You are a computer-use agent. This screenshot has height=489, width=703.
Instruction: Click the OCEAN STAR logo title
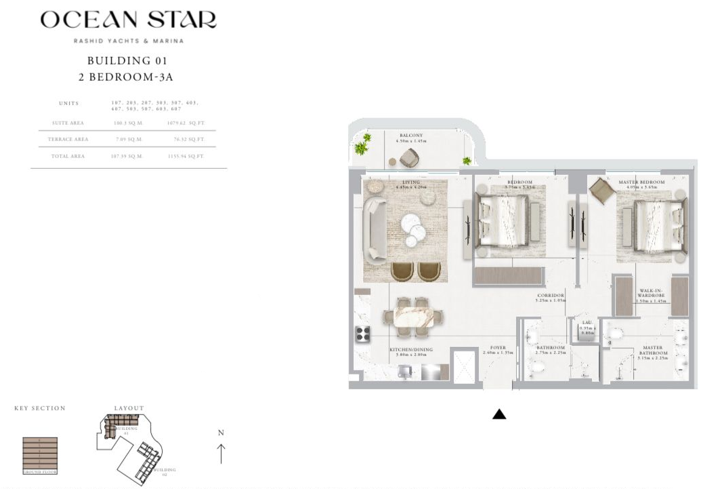click(x=128, y=20)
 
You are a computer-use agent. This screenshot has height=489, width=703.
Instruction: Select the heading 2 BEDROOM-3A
click(x=126, y=77)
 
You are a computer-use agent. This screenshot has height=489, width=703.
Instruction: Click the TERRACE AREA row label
click(x=68, y=139)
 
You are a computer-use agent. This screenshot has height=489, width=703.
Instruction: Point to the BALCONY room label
click(x=411, y=136)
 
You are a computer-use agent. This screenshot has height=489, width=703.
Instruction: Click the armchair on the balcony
click(x=409, y=158)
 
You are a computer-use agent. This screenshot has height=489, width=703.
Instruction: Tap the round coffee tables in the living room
click(x=413, y=229)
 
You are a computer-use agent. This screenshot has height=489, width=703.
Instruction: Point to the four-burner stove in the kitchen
click(x=362, y=334)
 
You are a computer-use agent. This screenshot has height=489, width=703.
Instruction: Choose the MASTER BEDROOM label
click(x=641, y=182)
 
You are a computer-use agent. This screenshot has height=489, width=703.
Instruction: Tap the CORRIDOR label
click(x=550, y=296)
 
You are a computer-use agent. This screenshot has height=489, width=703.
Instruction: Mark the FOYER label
click(x=498, y=348)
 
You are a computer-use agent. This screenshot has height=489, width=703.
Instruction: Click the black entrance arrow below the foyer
click(x=499, y=414)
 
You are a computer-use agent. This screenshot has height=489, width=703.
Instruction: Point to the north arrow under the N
click(x=221, y=452)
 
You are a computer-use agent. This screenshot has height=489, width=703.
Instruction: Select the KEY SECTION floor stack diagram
click(x=40, y=455)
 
